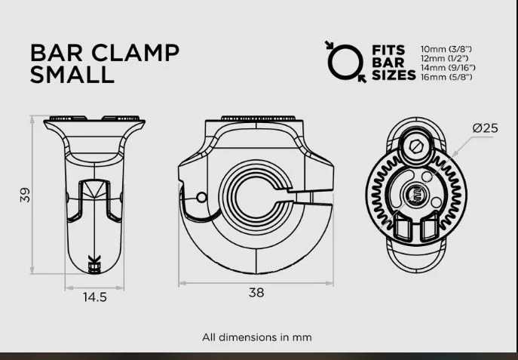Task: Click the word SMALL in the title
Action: pos(72,75)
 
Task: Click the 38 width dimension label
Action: pos(256,293)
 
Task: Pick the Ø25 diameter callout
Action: pos(486,128)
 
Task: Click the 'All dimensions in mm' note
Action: pos(256,337)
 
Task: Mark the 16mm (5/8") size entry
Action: pos(450,78)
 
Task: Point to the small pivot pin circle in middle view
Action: pos(201,198)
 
